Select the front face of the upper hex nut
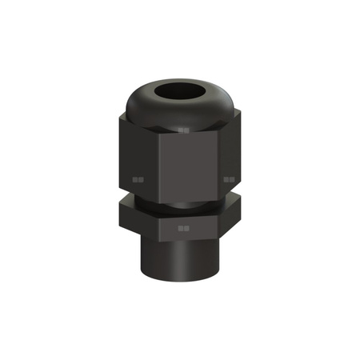click(186, 164)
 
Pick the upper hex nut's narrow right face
click(229, 156)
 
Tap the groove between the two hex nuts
click(180, 200)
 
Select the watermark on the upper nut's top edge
click(184, 128)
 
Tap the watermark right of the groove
click(229, 181)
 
